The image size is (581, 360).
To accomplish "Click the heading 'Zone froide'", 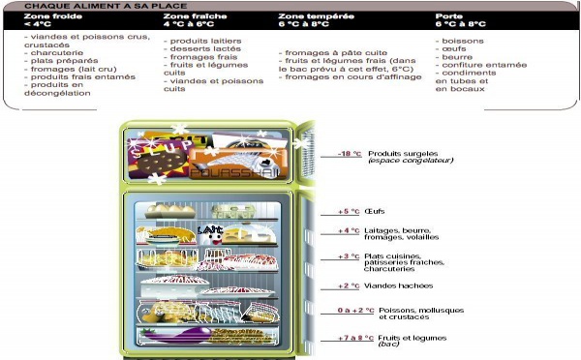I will pos(46,16).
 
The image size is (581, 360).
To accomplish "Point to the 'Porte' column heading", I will pos(449,16).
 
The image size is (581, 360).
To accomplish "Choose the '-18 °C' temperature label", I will pos(349,154).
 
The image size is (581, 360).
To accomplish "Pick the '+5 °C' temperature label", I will pos(349,211).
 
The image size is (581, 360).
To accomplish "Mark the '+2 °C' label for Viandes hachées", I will pos(349,285).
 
